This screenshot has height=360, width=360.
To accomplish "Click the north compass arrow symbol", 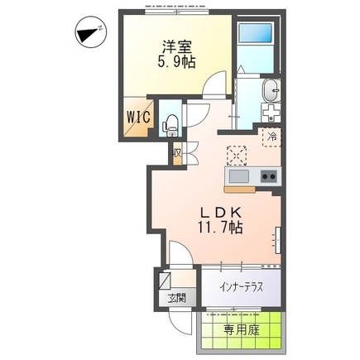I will (87, 35).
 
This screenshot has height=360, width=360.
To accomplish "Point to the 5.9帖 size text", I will (175, 61).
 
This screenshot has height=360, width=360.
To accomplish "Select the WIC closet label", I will (137, 117).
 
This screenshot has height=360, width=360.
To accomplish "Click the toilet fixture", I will (171, 125).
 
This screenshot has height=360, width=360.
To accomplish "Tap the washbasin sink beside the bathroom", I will (271, 90).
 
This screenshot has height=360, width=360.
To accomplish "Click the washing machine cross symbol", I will (271, 113).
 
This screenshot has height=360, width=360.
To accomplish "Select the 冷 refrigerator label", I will (271, 137).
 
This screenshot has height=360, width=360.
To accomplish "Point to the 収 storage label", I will (176, 152).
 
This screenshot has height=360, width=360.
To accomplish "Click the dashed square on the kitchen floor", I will (238, 155).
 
